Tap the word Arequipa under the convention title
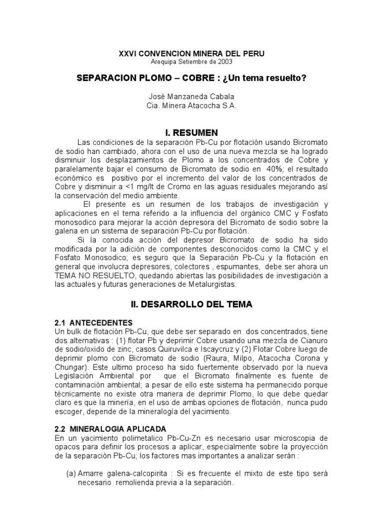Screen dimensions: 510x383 [166, 62]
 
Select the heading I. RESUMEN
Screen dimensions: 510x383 [191, 133]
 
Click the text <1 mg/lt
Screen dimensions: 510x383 [95, 186]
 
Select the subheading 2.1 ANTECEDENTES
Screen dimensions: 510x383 [94, 323]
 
